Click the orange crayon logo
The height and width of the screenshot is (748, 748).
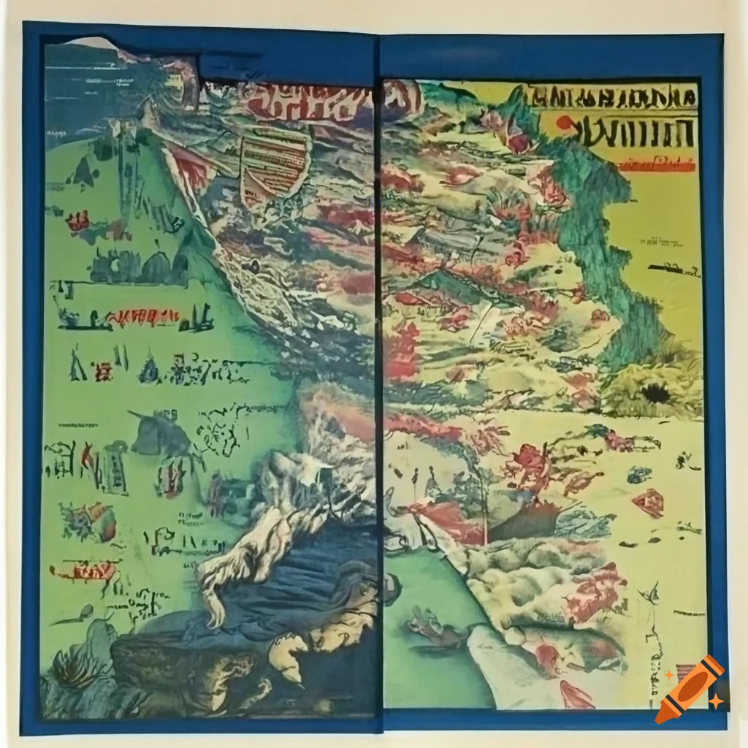tap(690, 690)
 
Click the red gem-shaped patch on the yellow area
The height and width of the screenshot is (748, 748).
tap(649, 503)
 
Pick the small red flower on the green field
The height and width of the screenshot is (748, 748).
tap(77, 220)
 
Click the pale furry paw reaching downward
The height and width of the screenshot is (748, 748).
tap(219, 577)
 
